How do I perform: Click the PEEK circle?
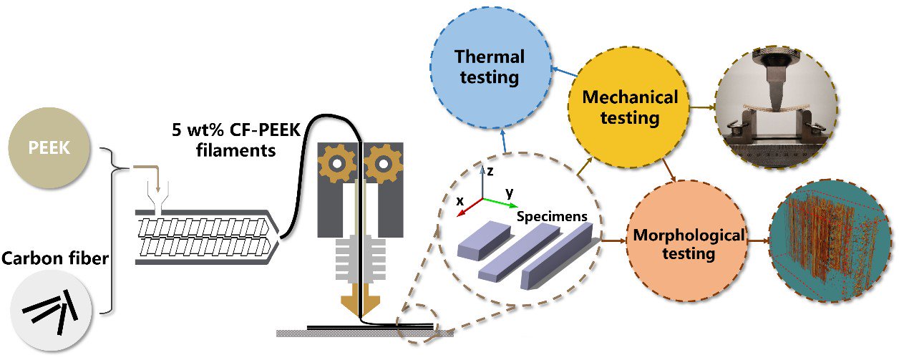[x=49, y=147]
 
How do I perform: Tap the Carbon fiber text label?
[x=55, y=258]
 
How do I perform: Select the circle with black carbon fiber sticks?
[x=51, y=311]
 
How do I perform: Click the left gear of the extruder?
[x=337, y=164]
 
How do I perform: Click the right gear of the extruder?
[x=383, y=164]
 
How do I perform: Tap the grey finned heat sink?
[x=360, y=260]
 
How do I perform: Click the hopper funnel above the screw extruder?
[x=158, y=197]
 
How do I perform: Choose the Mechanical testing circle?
[x=628, y=107]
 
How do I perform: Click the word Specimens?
[x=552, y=217]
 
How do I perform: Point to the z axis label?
[x=490, y=171]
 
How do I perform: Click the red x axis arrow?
[x=470, y=208]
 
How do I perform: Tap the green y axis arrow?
[x=500, y=203]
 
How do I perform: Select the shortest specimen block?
[x=484, y=240]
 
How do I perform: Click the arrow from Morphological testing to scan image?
[x=759, y=240]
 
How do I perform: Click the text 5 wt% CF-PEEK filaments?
[x=236, y=140]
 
